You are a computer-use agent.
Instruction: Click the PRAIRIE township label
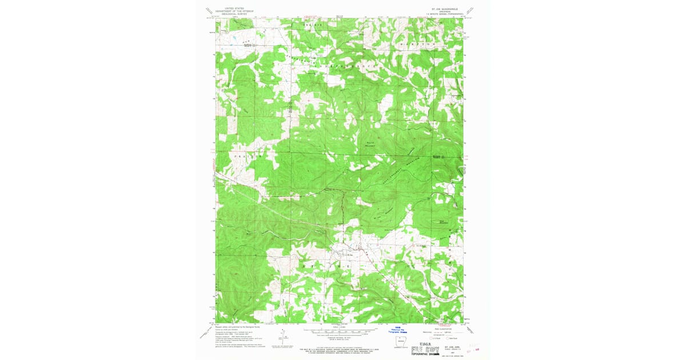pos(248,155)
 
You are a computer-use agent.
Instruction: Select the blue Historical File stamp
pos(400,331)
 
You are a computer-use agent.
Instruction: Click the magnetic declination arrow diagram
pos(282,337)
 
